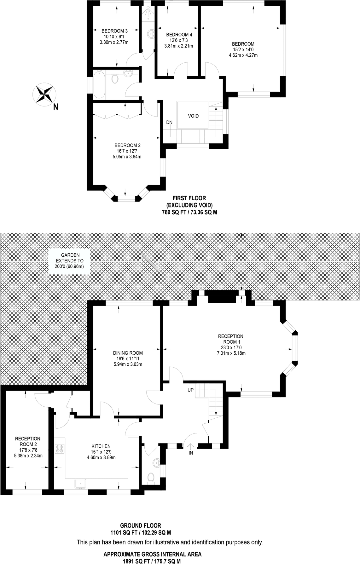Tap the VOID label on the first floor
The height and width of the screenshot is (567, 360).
tap(193, 116)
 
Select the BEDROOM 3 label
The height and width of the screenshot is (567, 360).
tap(114, 31)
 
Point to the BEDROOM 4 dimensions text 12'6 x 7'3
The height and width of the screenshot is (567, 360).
tap(178, 40)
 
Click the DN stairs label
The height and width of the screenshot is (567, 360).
tap(169, 122)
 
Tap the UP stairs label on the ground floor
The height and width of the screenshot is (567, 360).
tap(190, 390)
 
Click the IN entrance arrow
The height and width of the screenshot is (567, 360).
tap(191, 448)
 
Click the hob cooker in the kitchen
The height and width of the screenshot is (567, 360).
tap(59, 449)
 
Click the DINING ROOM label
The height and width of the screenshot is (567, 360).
tap(128, 353)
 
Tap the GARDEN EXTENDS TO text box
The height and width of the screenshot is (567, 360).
tap(70, 261)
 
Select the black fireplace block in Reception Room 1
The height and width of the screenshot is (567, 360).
tap(222, 297)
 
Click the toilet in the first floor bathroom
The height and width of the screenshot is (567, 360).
tap(115, 78)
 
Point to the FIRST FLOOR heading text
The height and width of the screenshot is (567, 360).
tap(189, 198)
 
